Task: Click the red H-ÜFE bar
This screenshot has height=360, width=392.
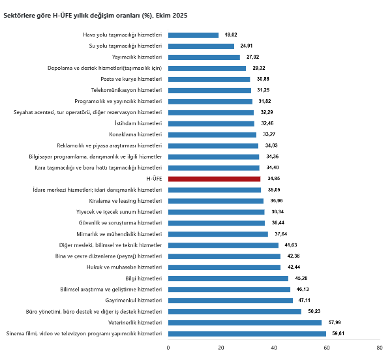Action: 214,179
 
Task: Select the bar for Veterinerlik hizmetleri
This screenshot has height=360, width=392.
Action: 245,323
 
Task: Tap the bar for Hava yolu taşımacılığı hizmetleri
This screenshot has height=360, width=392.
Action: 193,35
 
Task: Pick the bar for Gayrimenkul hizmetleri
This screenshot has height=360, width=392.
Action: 230,301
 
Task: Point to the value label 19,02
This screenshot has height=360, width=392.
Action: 231,35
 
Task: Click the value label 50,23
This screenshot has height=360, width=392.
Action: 314,312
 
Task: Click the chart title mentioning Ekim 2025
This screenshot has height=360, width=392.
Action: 96,15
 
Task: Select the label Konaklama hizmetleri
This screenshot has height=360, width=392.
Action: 136,134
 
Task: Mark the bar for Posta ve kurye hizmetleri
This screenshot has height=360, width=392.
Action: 209,79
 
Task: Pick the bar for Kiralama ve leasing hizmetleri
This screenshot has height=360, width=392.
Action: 216,201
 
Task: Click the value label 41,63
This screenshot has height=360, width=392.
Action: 292,245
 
